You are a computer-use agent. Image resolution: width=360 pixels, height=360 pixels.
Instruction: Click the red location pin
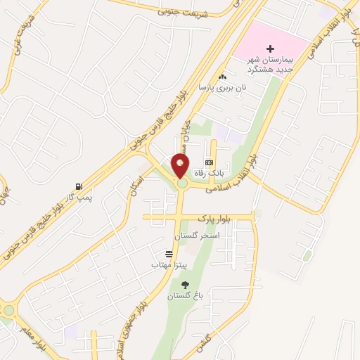point(180,166)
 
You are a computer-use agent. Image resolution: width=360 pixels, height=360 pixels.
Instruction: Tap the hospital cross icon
point(270,49)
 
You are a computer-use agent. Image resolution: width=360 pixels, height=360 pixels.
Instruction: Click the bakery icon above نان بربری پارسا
point(223,77)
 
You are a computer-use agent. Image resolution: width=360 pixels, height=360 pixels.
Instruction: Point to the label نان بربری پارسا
point(214,88)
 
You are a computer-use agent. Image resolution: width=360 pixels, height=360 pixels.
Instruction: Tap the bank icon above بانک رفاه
point(208,162)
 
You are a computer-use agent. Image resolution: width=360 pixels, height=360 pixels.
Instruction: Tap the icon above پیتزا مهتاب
point(169,254)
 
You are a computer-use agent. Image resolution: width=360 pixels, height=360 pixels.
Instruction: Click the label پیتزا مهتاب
point(166,265)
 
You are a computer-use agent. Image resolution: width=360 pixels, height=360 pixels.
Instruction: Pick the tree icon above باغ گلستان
point(185,285)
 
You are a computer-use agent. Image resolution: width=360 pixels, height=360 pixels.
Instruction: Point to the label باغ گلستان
point(184,297)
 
